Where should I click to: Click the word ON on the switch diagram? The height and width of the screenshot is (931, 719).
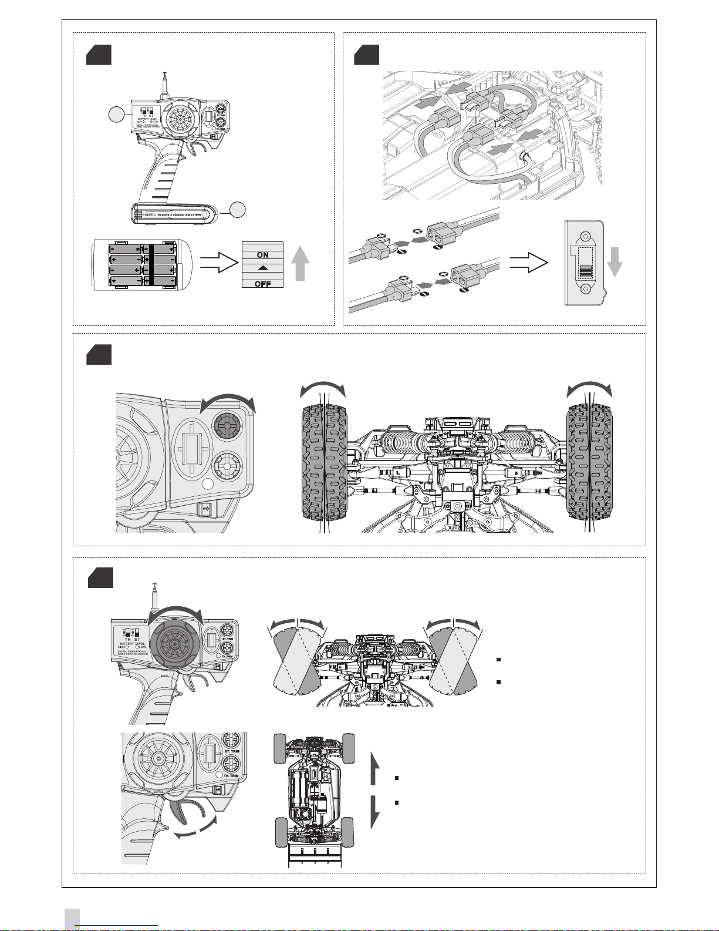262,255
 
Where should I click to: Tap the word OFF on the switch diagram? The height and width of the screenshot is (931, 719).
262,284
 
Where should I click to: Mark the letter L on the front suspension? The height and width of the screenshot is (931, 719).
398,472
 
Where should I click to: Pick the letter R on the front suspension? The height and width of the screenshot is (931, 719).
515,472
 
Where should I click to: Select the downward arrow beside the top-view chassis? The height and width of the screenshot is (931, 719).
376,812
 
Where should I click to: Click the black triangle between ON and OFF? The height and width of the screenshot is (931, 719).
262,268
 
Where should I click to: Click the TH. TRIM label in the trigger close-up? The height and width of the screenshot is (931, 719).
231,776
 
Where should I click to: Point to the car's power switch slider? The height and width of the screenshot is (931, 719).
585,271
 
